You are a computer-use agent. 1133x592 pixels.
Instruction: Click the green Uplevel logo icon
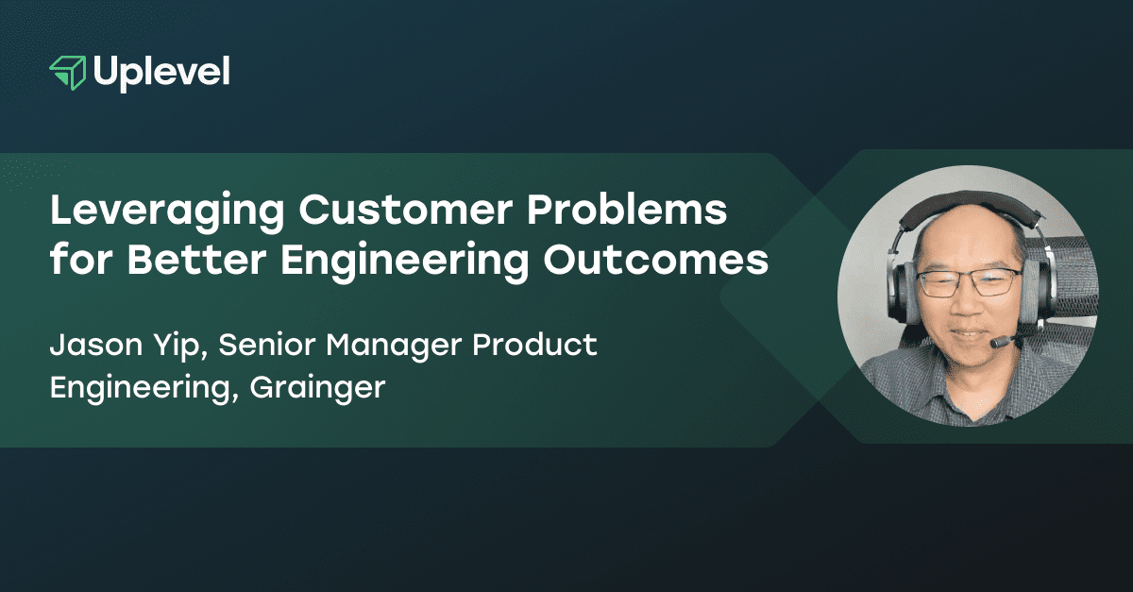(68, 73)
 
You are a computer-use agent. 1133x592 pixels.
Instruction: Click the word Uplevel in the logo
(161, 73)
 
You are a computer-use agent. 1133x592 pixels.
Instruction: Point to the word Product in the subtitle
(535, 346)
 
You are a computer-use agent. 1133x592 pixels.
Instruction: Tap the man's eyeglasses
(969, 280)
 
